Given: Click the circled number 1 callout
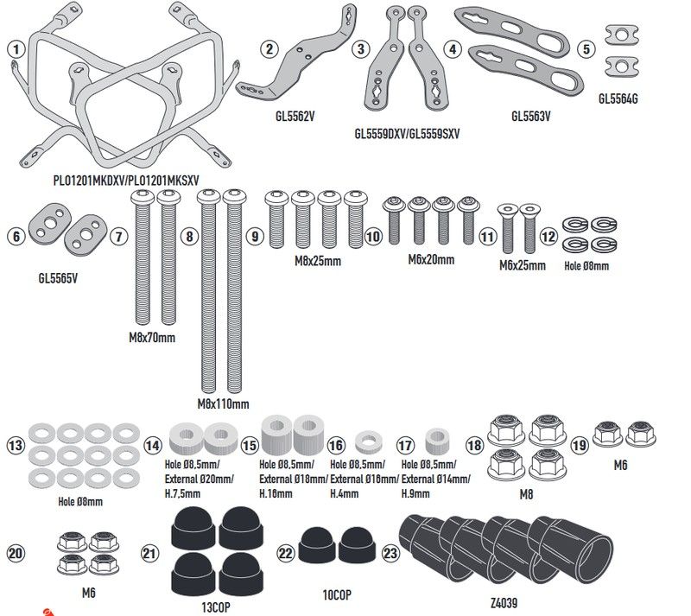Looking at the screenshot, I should tap(14, 49).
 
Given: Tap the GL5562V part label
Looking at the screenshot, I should tap(289, 113).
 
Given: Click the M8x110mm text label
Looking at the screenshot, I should tap(223, 403).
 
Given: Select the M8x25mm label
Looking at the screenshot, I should tap(317, 260).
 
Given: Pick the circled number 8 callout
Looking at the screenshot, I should tap(190, 236).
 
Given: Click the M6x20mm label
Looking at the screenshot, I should tap(431, 259).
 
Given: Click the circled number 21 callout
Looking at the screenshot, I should tap(151, 553).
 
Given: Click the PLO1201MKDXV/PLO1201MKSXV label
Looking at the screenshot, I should tap(126, 179).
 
